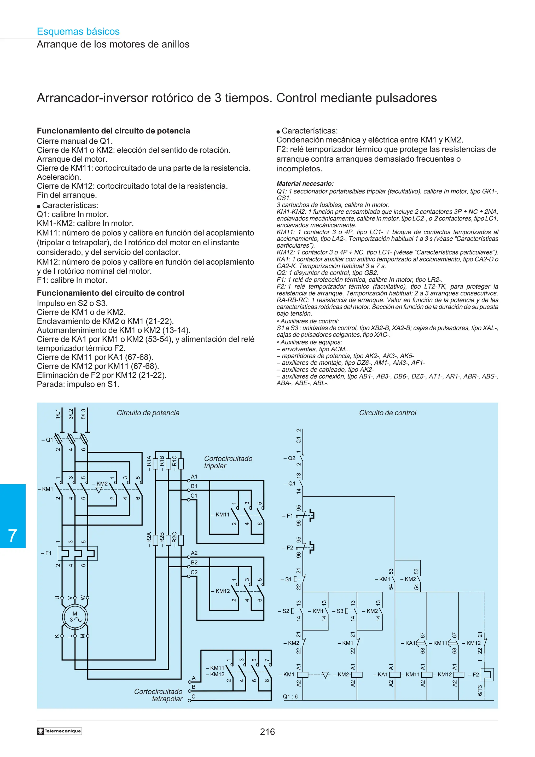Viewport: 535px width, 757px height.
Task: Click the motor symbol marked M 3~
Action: (x=75, y=617)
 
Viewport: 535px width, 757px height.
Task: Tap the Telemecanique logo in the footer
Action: (x=59, y=731)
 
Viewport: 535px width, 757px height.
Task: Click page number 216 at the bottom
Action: (x=267, y=732)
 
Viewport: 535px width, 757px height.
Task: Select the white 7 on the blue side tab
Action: (x=13, y=535)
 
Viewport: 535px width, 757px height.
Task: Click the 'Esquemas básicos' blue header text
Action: (x=78, y=32)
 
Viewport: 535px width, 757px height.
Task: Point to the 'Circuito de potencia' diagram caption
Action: (x=148, y=413)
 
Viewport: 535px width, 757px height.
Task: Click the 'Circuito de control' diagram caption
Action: (x=387, y=413)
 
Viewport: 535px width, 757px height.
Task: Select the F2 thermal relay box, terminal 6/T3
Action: (x=487, y=674)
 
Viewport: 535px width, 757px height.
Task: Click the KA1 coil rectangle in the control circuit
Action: (x=395, y=674)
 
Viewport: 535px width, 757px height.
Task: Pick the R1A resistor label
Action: (x=149, y=463)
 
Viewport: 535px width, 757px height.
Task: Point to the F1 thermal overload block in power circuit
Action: (x=78, y=553)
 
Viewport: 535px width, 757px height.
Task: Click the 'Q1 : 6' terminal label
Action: (x=290, y=696)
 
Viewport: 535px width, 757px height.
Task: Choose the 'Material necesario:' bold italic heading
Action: (x=305, y=184)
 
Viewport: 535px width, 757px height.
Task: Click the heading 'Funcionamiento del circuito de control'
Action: (x=111, y=293)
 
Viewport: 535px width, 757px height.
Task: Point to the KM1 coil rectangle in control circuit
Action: (x=303, y=674)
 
